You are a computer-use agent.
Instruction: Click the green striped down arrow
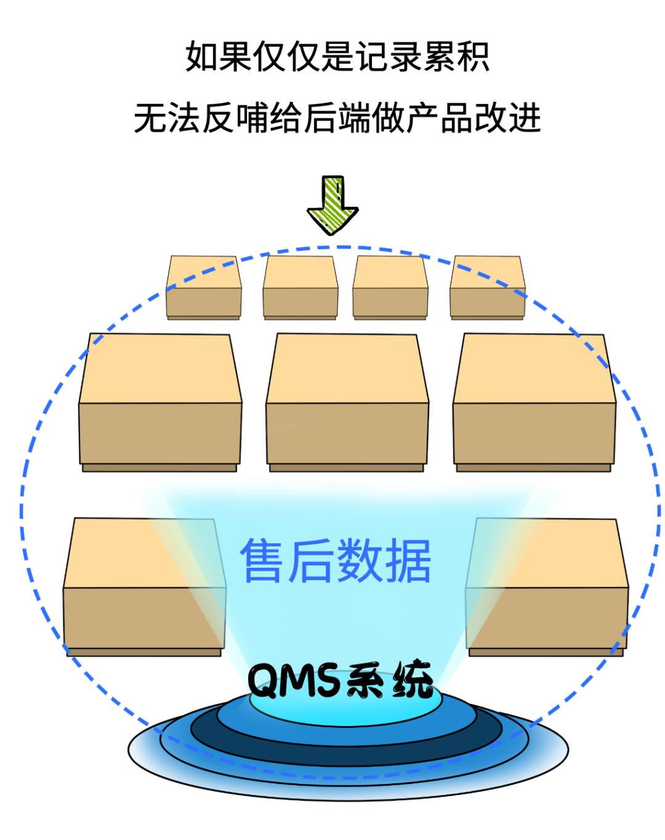[x=332, y=205]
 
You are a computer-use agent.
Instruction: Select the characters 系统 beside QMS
[x=390, y=680]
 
